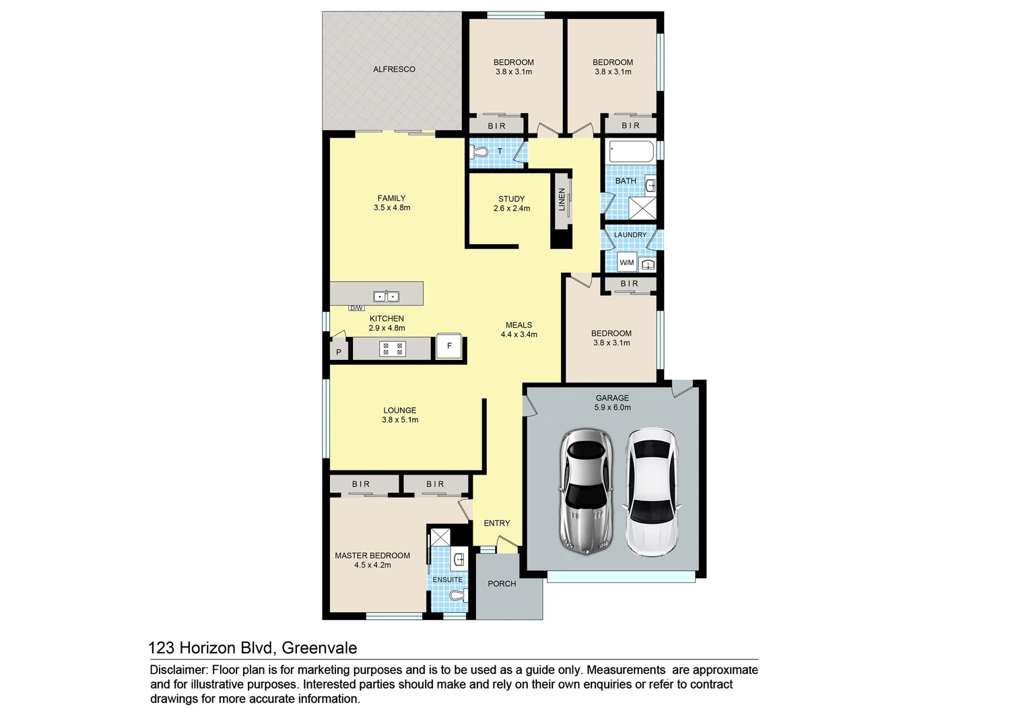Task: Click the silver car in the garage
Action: (587, 491)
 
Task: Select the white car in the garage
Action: (651, 491)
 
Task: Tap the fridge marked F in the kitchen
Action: (449, 346)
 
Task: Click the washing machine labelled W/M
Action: (626, 262)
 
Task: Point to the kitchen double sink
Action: (387, 297)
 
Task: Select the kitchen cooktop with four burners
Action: (393, 348)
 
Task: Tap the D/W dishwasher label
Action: (356, 308)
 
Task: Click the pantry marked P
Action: (339, 352)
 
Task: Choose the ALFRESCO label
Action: (394, 69)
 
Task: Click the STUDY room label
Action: (511, 199)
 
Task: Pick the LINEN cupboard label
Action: (562, 200)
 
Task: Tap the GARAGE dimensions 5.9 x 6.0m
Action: (612, 408)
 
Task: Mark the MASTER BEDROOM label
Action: (372, 555)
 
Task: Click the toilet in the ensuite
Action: (458, 596)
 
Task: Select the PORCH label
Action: (502, 584)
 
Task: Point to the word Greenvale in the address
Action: (319, 648)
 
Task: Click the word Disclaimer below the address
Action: (178, 670)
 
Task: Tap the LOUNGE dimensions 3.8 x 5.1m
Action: (400, 420)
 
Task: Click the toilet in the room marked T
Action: (479, 153)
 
